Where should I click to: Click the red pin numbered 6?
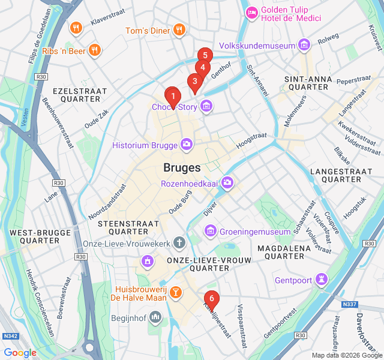pyautogui.click(x=211, y=298)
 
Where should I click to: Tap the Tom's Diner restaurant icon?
pyautogui.click(x=178, y=29)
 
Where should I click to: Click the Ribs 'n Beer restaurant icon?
pyautogui.click(x=94, y=50)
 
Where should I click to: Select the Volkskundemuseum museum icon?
pyautogui.click(x=304, y=45)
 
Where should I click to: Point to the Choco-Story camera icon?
pyautogui.click(x=206, y=106)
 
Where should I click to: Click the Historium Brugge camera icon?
pyautogui.click(x=187, y=144)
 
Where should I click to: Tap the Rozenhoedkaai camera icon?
pyautogui.click(x=227, y=182)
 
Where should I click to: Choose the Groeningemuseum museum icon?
pyautogui.click(x=210, y=230)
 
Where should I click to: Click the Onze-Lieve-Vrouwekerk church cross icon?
pyautogui.click(x=178, y=242)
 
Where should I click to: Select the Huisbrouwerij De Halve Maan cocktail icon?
pyautogui.click(x=175, y=293)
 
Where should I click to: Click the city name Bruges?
pyautogui.click(x=182, y=167)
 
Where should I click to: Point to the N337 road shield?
pyautogui.click(x=350, y=305)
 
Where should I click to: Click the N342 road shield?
pyautogui.click(x=9, y=336)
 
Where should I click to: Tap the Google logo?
pyautogui.click(x=20, y=352)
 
